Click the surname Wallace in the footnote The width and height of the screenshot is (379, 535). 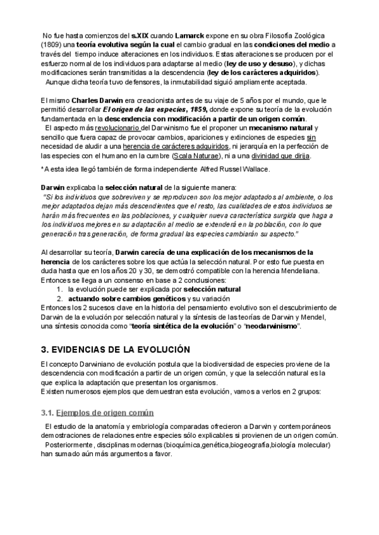click(236, 168)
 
